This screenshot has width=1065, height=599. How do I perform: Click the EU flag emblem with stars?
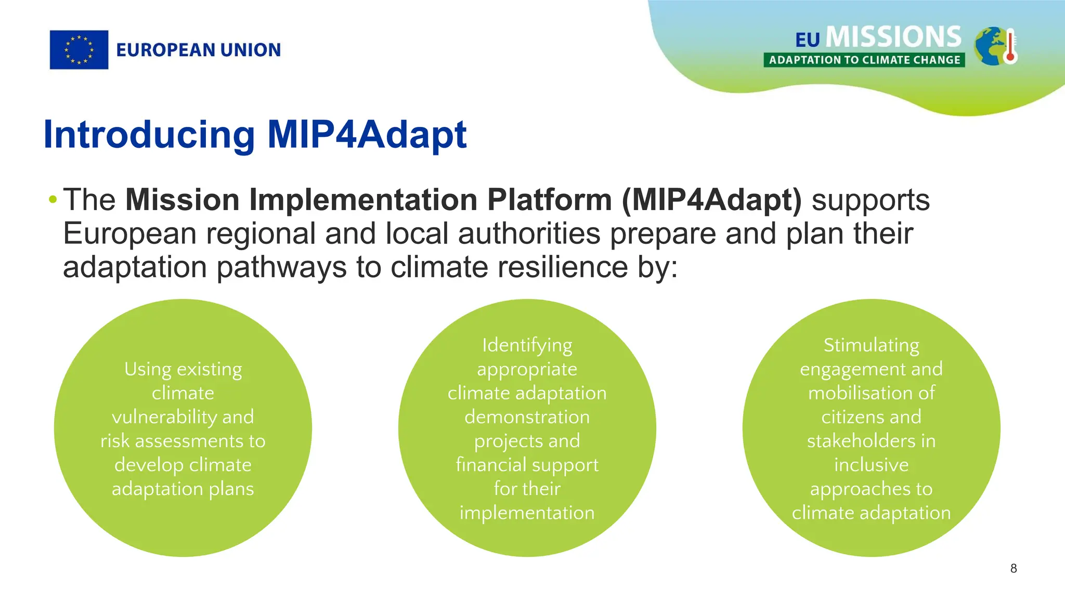79,50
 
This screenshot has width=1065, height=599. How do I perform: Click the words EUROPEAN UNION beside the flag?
198,50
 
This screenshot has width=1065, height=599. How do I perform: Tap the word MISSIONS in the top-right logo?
893,37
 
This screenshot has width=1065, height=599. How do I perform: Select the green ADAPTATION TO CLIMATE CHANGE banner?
864,60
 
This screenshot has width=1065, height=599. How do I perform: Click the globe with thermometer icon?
995,46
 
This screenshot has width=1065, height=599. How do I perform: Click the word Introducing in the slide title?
149,135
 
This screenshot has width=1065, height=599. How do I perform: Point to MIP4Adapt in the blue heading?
367,135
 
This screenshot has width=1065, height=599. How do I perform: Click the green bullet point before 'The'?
52,199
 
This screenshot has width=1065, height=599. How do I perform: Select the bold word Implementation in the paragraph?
363,200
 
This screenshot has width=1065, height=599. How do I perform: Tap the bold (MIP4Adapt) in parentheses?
711,200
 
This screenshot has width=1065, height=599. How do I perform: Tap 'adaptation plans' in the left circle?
183,489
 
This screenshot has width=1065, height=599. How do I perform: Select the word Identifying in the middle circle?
527,345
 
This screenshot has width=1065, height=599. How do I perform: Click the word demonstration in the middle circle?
527,417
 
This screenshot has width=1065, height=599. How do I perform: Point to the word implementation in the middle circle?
527,513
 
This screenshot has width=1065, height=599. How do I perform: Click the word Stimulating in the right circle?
871,345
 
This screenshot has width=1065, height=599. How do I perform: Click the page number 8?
1013,568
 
